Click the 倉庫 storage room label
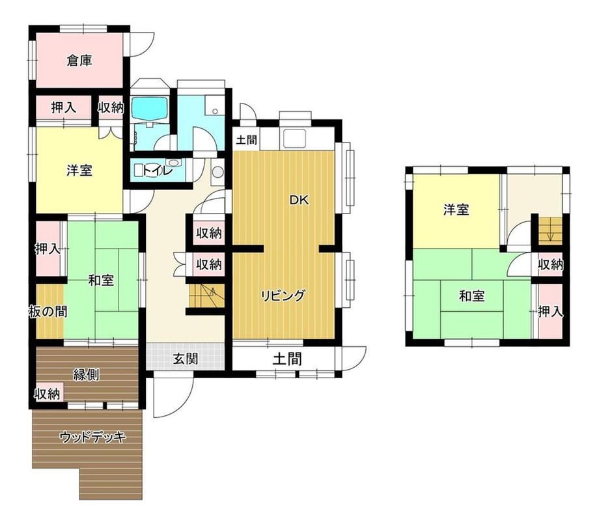tap(79, 61)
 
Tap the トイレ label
tap(158, 171)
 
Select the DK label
tap(299, 200)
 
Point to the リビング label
tap(283, 296)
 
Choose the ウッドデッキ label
tap(93, 437)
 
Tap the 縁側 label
tap(87, 375)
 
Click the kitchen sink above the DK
tap(293, 138)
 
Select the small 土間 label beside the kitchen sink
tap(246, 140)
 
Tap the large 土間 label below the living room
tap(287, 359)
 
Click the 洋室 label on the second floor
tap(456, 210)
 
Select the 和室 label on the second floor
tap(472, 296)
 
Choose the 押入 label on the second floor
tap(550, 312)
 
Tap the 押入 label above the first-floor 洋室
tap(64, 107)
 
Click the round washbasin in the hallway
tap(217, 172)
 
